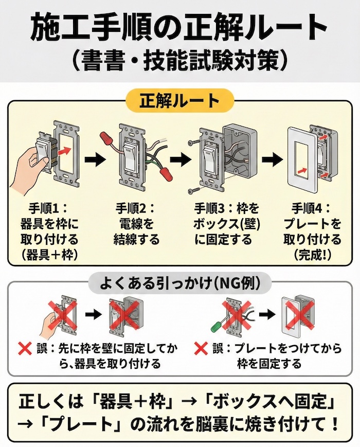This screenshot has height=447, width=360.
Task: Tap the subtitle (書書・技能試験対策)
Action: [179, 61]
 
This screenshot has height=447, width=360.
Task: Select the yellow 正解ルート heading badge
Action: [179, 100]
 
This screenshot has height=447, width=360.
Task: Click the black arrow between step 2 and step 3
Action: [178, 159]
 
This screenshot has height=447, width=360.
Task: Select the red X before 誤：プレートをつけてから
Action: [201, 349]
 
